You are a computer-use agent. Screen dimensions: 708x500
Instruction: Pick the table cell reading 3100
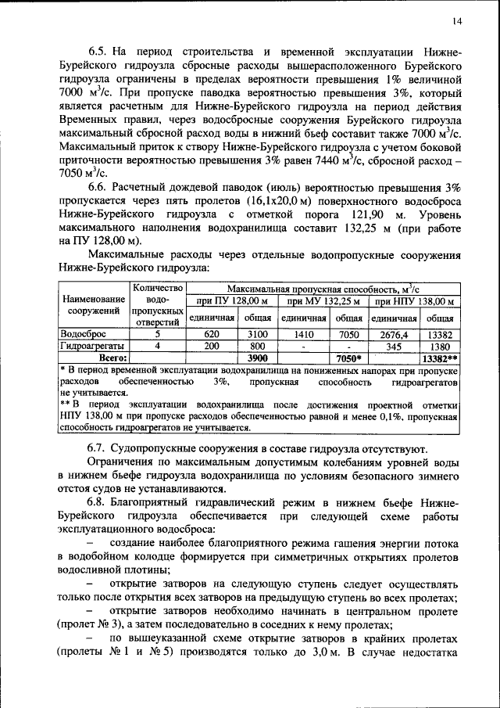[x=257, y=332]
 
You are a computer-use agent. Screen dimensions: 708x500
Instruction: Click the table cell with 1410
[x=304, y=332]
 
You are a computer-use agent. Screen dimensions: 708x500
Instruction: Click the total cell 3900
[x=257, y=358]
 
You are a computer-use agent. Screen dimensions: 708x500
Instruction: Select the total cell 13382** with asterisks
[x=440, y=358]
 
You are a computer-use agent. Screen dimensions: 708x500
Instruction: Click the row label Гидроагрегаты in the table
[x=93, y=345]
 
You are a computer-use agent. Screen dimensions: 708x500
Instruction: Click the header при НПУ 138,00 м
[x=415, y=301]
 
